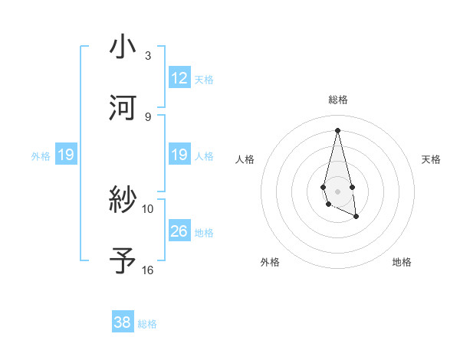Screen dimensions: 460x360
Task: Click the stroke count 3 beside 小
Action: point(147,56)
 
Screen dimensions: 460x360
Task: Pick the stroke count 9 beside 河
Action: point(147,116)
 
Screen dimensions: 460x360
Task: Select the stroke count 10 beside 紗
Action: point(148,208)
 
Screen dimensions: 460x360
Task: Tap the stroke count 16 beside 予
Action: point(148,270)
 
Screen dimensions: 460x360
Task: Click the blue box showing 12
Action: point(179,78)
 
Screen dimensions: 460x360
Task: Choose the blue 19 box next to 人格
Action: point(179,155)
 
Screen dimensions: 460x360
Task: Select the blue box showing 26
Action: point(179,231)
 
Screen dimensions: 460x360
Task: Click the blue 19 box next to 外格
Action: point(66,155)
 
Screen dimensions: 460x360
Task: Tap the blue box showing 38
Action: point(123,322)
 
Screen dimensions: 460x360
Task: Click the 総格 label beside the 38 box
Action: point(147,324)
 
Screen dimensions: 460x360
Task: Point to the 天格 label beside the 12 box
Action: point(204,79)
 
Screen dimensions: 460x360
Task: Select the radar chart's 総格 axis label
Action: point(338,100)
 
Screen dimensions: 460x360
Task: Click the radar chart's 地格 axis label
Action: point(402,262)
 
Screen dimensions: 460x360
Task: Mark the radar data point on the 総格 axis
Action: point(337,129)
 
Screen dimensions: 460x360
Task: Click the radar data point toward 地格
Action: point(356,217)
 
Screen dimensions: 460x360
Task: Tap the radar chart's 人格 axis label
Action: point(245,159)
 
